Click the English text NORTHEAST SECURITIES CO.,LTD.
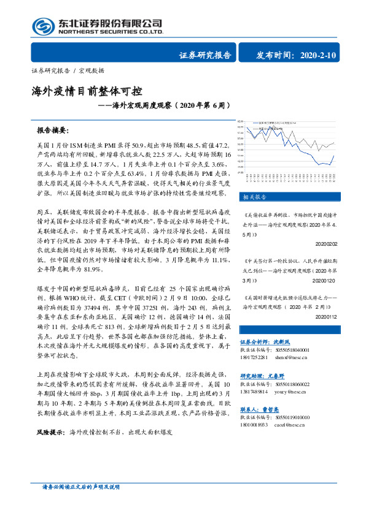[x=111, y=31]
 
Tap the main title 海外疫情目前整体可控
[x=87, y=93]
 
